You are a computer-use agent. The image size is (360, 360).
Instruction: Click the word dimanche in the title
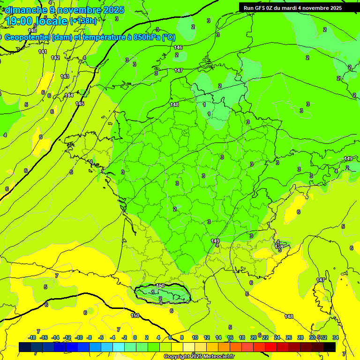[26, 10]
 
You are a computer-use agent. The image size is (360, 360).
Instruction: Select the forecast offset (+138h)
[83, 21]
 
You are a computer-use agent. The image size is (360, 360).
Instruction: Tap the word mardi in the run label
[297, 7]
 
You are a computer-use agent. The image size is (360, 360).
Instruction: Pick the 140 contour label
[32, 30]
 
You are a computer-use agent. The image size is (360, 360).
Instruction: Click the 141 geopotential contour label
[43, 52]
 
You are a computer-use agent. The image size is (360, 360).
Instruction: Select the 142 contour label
[55, 58]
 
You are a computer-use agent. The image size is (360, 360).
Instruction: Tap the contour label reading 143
[65, 76]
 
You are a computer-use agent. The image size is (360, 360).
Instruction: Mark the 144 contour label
[69, 95]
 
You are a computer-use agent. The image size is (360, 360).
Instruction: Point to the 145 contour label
[80, 104]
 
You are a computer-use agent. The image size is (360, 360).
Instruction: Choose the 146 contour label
[178, 47]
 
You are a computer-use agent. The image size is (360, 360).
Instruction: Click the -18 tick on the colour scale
[32, 337]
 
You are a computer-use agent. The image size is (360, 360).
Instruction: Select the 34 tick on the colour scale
[336, 337]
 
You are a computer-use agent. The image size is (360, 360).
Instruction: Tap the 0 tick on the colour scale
[135, 337]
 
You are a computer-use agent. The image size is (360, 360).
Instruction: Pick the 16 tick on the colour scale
[230, 337]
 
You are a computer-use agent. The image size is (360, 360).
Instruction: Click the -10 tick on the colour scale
[79, 337]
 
